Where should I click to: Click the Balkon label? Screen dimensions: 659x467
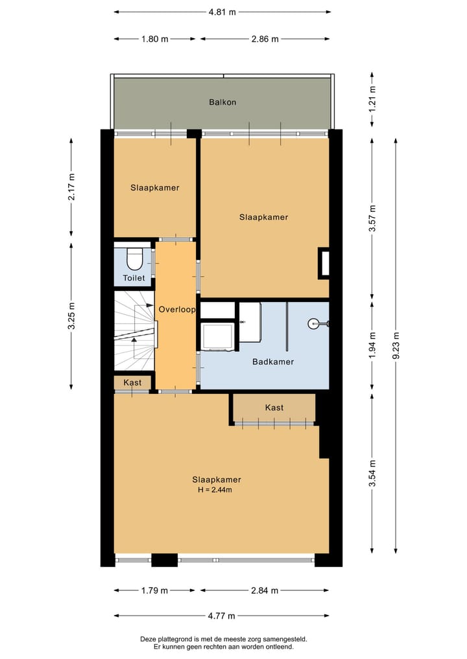tap(222, 102)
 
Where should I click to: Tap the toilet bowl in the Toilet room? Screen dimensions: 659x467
tap(134, 259)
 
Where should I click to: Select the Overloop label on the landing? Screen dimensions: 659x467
tap(176, 310)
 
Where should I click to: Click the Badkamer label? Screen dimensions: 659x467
tap(272, 362)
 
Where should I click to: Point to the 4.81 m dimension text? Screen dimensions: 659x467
tap(222, 12)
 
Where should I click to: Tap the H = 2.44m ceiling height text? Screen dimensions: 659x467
tap(215, 490)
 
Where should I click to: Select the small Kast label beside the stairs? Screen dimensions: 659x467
tap(132, 383)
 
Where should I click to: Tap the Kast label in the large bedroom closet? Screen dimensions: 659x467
tap(274, 408)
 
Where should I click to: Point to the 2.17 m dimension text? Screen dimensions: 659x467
tap(71, 187)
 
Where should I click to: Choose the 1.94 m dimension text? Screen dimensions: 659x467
tap(372, 345)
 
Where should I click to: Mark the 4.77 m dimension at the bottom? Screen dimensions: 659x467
tap(222, 616)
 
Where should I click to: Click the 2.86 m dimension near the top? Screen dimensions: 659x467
tap(265, 39)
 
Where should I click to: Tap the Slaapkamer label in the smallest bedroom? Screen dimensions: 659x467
tap(154, 188)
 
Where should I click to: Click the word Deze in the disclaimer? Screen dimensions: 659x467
tap(149, 639)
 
